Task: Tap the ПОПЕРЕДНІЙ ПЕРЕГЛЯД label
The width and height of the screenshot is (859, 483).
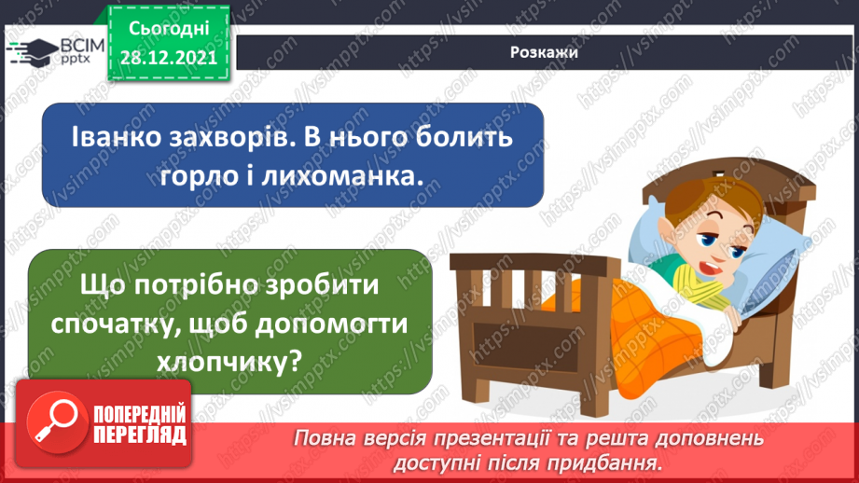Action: [140, 425]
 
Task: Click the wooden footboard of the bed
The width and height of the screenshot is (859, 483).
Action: [504, 326]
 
